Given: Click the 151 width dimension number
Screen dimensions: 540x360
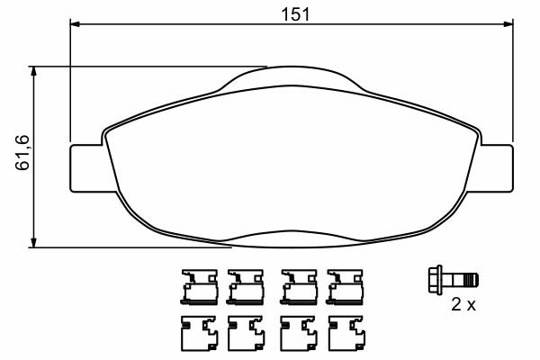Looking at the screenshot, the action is [x=295, y=14].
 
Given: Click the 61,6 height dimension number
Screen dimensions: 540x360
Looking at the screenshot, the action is [x=22, y=152].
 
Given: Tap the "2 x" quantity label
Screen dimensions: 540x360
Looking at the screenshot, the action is [x=463, y=304].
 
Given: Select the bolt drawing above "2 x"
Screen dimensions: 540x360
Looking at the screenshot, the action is [x=454, y=280].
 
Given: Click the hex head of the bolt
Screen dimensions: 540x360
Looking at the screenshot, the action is [x=436, y=280].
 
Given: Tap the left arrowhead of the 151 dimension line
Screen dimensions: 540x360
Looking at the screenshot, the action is [x=75, y=24].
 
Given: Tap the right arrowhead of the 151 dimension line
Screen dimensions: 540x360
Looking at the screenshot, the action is [x=508, y=24].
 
